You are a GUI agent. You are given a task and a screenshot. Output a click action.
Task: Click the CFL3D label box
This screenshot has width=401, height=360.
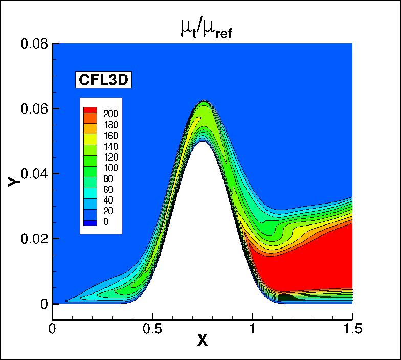pyautogui.click(x=105, y=80)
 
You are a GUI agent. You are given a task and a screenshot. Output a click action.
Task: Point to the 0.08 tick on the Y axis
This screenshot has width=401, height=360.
pyautogui.click(x=34, y=44)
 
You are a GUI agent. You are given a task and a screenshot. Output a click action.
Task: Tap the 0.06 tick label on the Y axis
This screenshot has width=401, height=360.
pyautogui.click(x=34, y=109)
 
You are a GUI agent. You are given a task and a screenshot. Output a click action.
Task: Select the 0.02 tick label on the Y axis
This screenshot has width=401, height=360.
pyautogui.click(x=34, y=239)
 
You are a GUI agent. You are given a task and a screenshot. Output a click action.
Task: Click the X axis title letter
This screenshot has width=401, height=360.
pyautogui.click(x=203, y=341)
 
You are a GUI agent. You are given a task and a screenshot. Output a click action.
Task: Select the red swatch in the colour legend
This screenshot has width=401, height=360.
pyautogui.click(x=90, y=110)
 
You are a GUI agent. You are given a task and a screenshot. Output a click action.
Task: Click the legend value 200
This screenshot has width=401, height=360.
pyautogui.click(x=110, y=114)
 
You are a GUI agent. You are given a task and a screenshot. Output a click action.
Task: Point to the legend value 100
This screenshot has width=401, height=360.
pyautogui.click(x=110, y=168)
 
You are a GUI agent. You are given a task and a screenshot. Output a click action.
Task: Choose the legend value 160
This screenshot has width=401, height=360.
pyautogui.click(x=110, y=136)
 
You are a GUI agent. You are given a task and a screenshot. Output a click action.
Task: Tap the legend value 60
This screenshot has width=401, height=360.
pyautogui.click(x=108, y=190)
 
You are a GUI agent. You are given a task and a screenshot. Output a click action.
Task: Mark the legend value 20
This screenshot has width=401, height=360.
pyautogui.click(x=108, y=211)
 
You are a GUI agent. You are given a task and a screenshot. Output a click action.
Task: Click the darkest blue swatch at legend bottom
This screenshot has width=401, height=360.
pyautogui.click(x=90, y=222)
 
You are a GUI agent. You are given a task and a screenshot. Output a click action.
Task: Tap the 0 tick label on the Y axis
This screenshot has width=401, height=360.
pyautogui.click(x=43, y=304)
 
